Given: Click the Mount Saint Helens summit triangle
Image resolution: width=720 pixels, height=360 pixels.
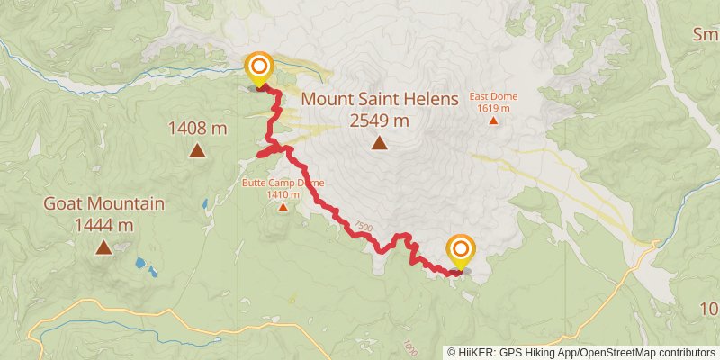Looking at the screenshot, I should pos(380,142).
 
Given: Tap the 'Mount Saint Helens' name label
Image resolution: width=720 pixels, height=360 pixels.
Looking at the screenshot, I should pos(380,99).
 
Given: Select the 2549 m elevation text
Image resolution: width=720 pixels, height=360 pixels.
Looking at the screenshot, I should pos(380,120).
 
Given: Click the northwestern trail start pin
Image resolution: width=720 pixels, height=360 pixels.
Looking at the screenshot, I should pos(259,67).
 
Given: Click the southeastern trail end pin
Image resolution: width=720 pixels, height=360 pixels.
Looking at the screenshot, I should pos(461,249).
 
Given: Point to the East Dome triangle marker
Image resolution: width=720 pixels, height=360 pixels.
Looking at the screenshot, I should pos(492,120).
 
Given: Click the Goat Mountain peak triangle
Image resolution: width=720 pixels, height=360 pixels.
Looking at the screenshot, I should pos(104,247).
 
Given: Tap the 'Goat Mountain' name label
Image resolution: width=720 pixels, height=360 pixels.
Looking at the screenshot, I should pos(104,204).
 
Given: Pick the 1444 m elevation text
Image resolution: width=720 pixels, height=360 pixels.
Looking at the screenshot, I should pos(104,224).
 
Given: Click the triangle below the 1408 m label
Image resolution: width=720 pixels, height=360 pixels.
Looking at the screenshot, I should pos(197,150).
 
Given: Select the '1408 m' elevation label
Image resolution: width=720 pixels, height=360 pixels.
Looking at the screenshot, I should pos(197,129).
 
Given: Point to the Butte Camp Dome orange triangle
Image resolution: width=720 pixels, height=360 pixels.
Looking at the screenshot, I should pos(283,207).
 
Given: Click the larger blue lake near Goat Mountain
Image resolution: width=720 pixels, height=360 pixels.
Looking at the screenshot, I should pos(142,265).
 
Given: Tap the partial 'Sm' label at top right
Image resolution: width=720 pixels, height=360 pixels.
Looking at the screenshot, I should pos(705,35).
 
